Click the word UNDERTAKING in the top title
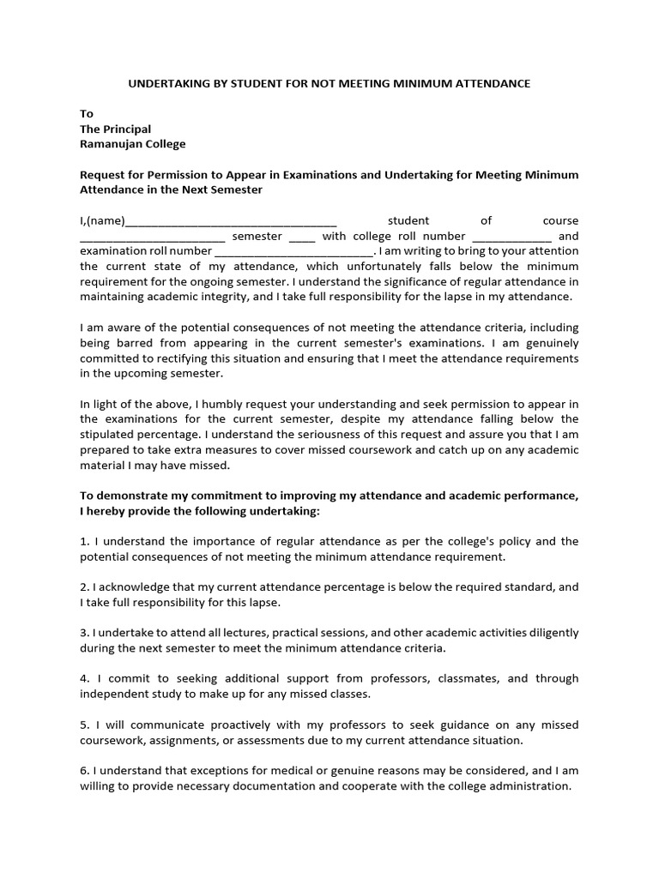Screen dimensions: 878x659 click(x=166, y=83)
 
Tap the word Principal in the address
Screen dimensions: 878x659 click(x=128, y=129)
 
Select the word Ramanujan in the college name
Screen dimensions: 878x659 click(x=107, y=144)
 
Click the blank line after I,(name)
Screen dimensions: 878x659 click(x=231, y=221)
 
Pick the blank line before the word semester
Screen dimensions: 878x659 click(x=152, y=237)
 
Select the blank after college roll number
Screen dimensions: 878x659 click(x=512, y=237)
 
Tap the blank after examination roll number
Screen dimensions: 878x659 click(x=293, y=252)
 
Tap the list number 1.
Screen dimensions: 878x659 click(x=84, y=541)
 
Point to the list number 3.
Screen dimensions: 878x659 click(x=84, y=633)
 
